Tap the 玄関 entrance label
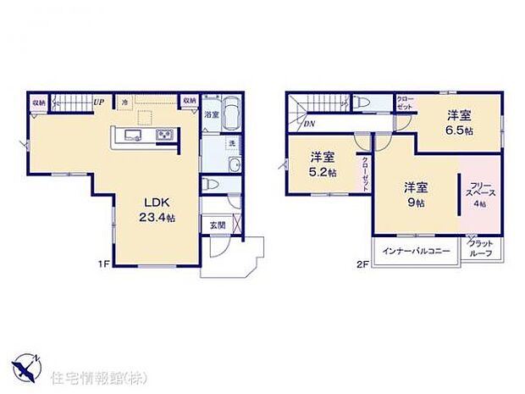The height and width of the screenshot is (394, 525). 217,225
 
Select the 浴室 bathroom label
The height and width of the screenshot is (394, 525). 211,114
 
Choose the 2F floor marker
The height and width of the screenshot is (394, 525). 361,264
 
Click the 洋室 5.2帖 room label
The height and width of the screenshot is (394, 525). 322,164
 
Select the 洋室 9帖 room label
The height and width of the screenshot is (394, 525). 415,194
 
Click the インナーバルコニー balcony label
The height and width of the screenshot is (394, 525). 416,252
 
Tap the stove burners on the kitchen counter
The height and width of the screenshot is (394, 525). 163,136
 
